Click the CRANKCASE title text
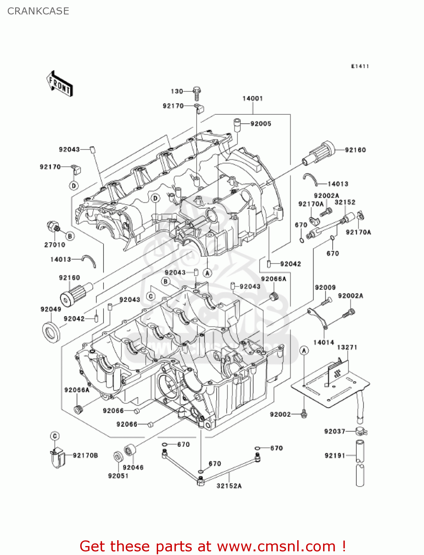(38, 11)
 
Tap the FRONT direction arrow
(59, 84)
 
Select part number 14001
(252, 98)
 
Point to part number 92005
(261, 124)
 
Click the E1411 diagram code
(360, 66)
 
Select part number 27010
(55, 245)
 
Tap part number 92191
(335, 455)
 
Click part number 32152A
(229, 486)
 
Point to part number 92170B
(85, 455)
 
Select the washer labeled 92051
(118, 457)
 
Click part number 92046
(133, 467)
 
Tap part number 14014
(323, 342)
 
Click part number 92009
(325, 287)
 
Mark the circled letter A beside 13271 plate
(304, 351)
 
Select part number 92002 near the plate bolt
(280, 414)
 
